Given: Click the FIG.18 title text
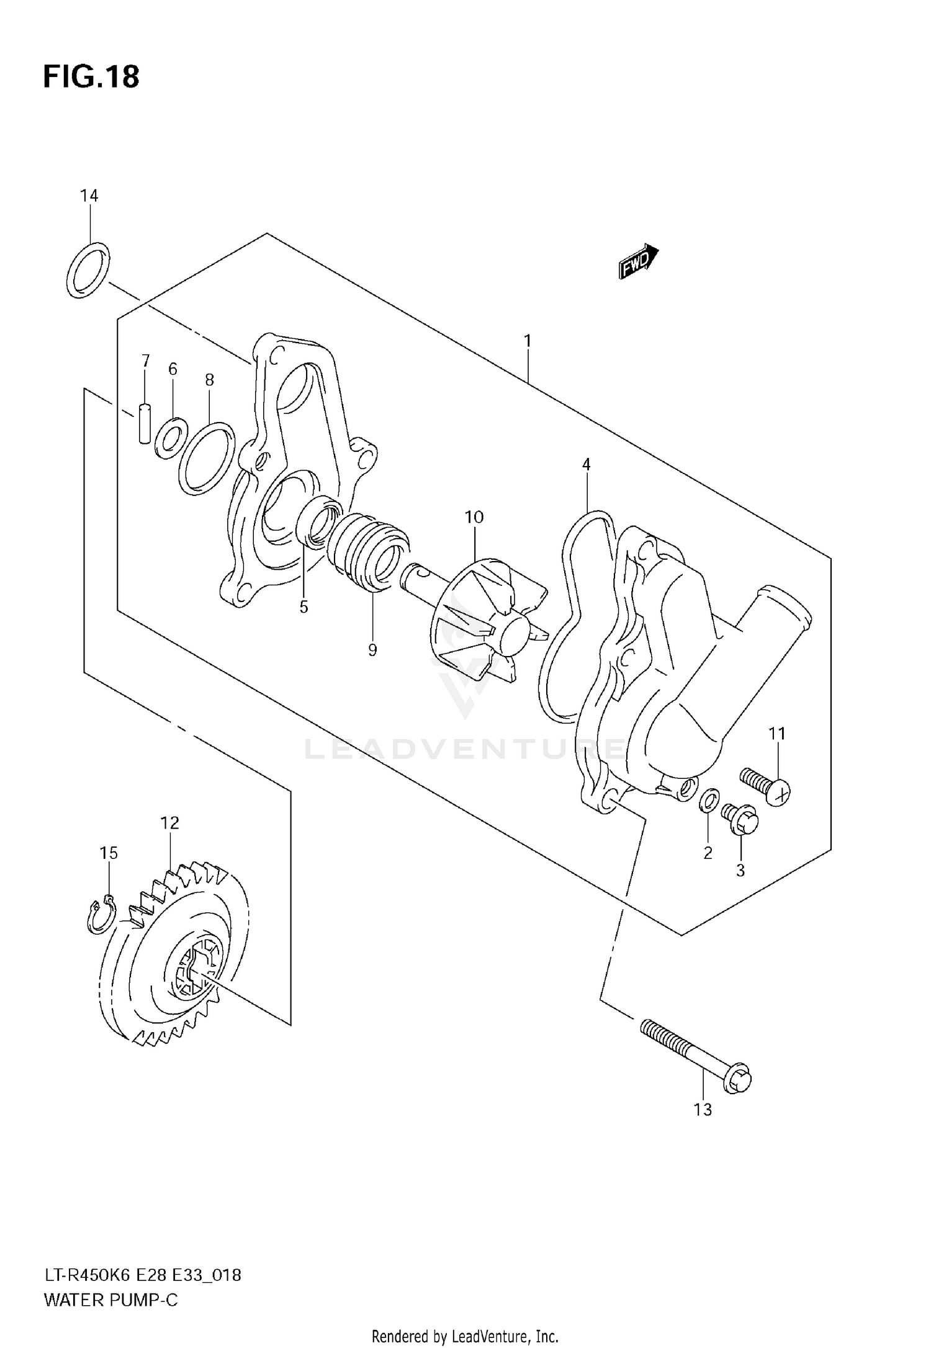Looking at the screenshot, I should [x=91, y=77].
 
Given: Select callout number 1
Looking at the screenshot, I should [x=527, y=341].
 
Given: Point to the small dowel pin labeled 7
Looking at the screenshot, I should [x=144, y=424].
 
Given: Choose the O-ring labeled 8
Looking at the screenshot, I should [x=207, y=459].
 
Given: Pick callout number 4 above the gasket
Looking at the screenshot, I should [x=586, y=464].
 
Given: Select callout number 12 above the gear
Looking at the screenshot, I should [x=169, y=823].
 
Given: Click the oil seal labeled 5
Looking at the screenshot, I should [x=318, y=522].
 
